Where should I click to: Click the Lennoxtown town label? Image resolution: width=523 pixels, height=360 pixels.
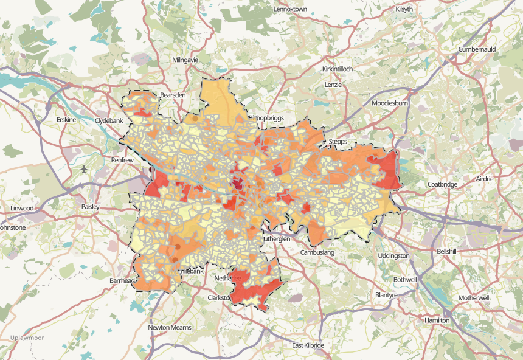pos(293,10)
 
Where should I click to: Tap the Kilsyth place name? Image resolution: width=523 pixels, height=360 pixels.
pos(403,9)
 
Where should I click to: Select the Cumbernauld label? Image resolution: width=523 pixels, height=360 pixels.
pos(479,49)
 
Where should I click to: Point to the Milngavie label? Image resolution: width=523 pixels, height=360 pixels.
pos(186,61)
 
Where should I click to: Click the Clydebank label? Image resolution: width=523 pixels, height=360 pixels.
pos(109,121)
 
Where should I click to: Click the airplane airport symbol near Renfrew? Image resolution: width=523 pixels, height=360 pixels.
pos(83,168)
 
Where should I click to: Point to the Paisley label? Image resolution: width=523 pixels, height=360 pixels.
pos(90,207)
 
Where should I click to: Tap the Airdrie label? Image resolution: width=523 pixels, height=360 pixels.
pos(483,179)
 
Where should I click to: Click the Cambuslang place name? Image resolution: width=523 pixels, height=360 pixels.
pos(318,252)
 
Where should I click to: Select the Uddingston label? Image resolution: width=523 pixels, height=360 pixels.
pos(393,256)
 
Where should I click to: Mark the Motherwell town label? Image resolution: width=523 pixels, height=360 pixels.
pos(474,299)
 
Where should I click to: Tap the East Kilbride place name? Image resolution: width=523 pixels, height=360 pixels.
pos(308,345)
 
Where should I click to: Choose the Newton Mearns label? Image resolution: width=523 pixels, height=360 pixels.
pos(170,327)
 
